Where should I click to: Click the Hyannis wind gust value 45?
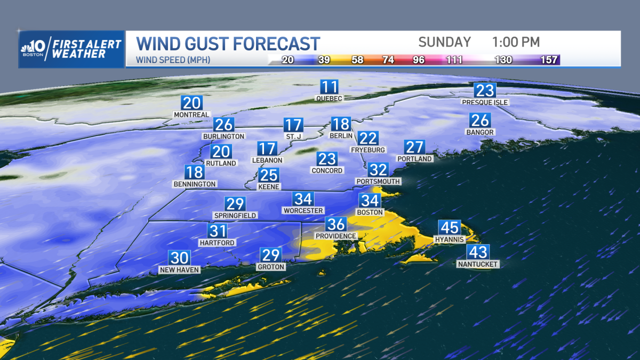[449, 228]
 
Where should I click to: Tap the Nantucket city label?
[478, 264]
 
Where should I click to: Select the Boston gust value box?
[370, 201]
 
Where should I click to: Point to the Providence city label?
[335, 236]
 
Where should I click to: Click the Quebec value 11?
[329, 87]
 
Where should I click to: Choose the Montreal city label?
[191, 115]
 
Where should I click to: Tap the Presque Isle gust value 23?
[485, 90]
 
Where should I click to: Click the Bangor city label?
[480, 132]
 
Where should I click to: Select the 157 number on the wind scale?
[550, 60]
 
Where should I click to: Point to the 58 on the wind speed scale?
[357, 60]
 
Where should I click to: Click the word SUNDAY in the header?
[444, 42]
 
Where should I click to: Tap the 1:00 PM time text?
[516, 42]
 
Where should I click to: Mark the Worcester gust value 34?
[303, 199]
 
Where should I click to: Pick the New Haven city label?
[179, 270]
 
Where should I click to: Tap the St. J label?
[294, 137]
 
